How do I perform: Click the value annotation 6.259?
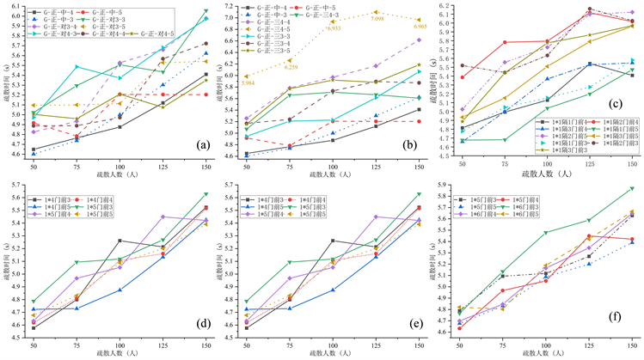pos(291,66)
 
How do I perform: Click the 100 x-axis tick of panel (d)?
pos(119,344)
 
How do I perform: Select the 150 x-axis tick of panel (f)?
pos(631,344)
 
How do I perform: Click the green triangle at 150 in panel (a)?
pos(205,11)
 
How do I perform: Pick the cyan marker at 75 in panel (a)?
pos(76,66)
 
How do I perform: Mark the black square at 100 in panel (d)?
pos(119,241)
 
